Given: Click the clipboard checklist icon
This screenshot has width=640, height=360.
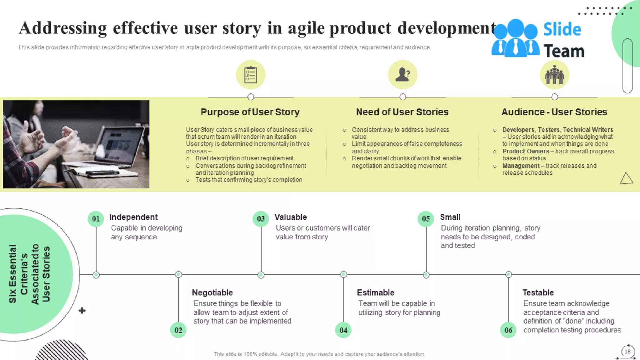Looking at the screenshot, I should (251, 75).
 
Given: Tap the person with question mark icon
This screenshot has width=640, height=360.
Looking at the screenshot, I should (402, 75).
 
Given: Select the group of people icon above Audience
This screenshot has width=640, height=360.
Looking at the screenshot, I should (554, 75).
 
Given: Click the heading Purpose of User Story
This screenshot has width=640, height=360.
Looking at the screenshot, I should (250, 112).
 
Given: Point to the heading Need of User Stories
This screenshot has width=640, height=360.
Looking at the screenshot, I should (402, 112).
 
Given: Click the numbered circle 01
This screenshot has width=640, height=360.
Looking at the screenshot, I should (96, 219).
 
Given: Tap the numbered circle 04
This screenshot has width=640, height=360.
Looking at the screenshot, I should (343, 330).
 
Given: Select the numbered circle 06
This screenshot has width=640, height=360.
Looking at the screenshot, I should (508, 330).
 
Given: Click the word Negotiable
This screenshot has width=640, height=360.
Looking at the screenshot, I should (212, 292).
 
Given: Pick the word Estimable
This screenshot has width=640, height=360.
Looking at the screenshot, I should (375, 292).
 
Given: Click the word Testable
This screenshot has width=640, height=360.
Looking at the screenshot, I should (538, 292).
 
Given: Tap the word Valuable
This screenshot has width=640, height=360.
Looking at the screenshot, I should (291, 217).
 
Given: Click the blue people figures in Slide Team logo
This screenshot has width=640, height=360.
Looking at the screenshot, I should (515, 39).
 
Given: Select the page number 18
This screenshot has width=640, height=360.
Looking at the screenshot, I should (627, 351).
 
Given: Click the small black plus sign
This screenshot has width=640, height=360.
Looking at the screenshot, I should (82, 310).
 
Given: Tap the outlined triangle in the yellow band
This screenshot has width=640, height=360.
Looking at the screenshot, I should (626, 178).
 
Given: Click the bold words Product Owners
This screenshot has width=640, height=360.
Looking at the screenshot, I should (526, 151).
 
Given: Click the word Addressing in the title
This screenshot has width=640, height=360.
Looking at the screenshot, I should (63, 28).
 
